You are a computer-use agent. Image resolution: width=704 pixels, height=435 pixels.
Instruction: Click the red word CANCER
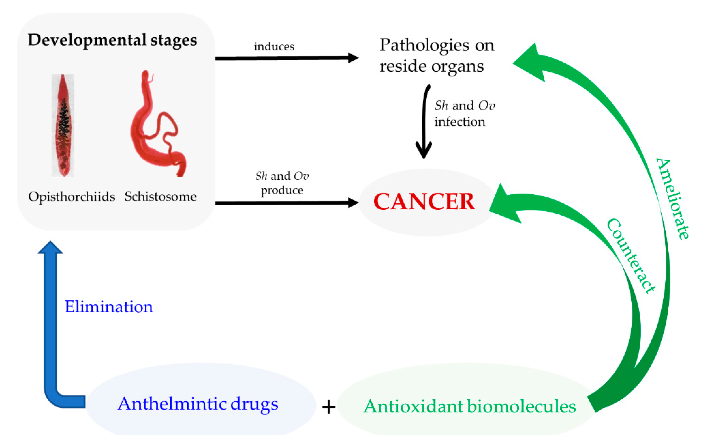(x=424, y=202)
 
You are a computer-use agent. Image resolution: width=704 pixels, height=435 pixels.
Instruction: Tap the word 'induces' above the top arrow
(x=274, y=47)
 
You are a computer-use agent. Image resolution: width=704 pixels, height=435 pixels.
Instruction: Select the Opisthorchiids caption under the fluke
(x=72, y=197)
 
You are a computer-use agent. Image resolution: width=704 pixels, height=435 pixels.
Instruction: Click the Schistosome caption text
(x=160, y=197)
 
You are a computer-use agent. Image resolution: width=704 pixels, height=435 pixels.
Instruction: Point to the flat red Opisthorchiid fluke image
(x=63, y=126)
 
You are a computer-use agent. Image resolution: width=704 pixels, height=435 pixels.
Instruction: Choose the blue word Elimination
(x=109, y=307)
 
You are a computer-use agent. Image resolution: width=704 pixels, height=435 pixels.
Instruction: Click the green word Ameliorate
(x=673, y=199)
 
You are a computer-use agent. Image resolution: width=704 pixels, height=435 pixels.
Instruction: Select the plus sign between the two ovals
(x=329, y=407)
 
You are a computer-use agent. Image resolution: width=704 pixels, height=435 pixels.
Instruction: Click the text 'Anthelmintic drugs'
(x=198, y=404)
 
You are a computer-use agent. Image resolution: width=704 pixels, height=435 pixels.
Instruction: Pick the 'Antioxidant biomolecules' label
(x=469, y=407)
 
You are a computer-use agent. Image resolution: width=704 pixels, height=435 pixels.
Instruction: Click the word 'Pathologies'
(x=424, y=45)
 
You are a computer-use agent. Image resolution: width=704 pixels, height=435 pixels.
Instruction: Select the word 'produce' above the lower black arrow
(x=282, y=190)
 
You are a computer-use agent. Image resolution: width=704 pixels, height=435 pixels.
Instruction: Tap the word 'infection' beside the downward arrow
(x=460, y=122)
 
